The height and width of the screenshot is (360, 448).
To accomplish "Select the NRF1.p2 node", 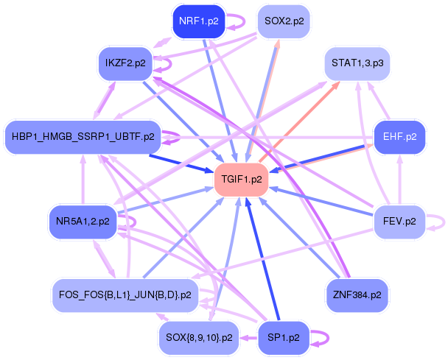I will [x=197, y=21].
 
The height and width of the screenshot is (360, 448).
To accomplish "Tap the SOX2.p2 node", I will [x=284, y=21].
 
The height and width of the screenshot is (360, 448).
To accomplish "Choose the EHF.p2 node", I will [x=400, y=136].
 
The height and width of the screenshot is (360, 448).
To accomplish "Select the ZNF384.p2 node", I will [x=358, y=294].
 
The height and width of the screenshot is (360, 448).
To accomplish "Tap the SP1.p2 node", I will [x=284, y=338].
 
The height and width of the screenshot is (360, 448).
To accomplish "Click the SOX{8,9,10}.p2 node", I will [x=198, y=338].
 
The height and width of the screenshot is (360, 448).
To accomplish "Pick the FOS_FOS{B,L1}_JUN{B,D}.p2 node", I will [x=125, y=294].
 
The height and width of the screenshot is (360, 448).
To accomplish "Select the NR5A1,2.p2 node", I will [x=83, y=221].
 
